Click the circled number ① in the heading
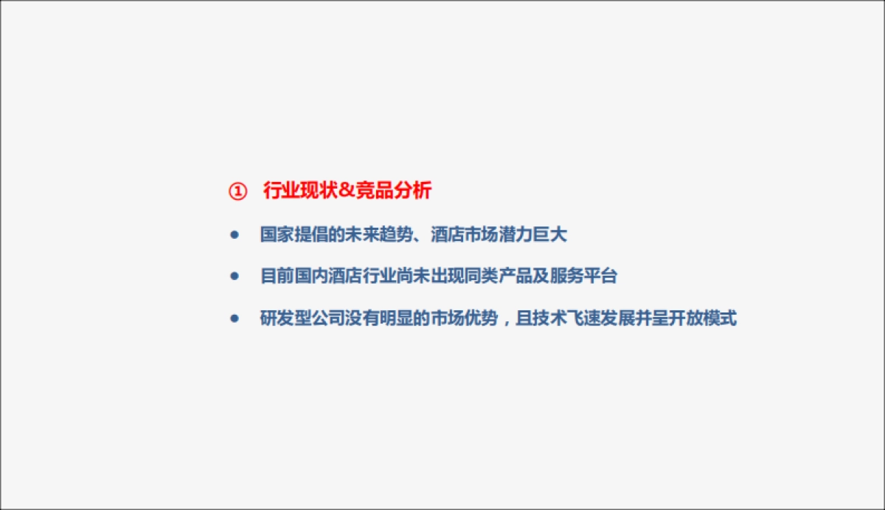point(237,192)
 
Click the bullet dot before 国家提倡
point(235,235)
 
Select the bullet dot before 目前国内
point(235,276)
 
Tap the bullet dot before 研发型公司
point(235,318)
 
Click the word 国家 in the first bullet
point(277,235)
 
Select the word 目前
point(277,276)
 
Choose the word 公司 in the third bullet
point(328,319)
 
